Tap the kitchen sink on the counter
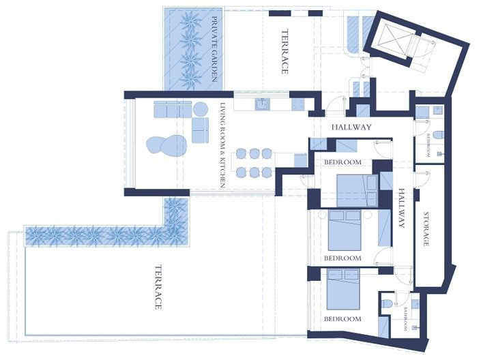(261, 104)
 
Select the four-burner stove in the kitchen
(297, 104)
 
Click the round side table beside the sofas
(201, 109)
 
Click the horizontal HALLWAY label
(351, 127)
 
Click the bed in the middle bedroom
(346, 230)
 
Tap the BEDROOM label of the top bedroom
(342, 162)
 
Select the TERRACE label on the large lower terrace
(158, 287)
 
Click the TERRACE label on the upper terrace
(285, 52)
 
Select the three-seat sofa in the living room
(173, 110)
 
